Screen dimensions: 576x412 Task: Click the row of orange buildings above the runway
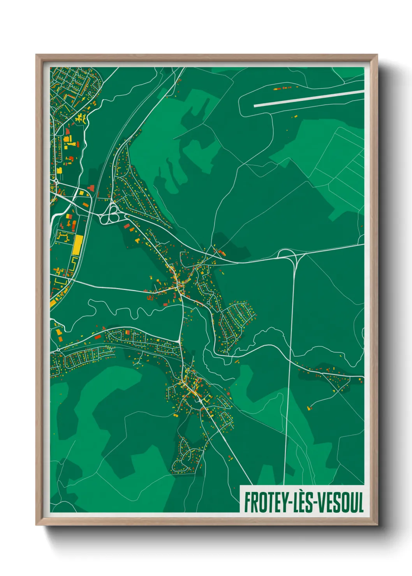[x=282, y=88]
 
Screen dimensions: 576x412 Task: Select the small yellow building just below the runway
[x=296, y=116]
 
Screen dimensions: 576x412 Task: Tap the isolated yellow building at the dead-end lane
[x=310, y=407]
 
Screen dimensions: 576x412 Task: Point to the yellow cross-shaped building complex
[x=81, y=118]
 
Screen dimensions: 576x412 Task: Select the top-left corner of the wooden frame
[x=37, y=56]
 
